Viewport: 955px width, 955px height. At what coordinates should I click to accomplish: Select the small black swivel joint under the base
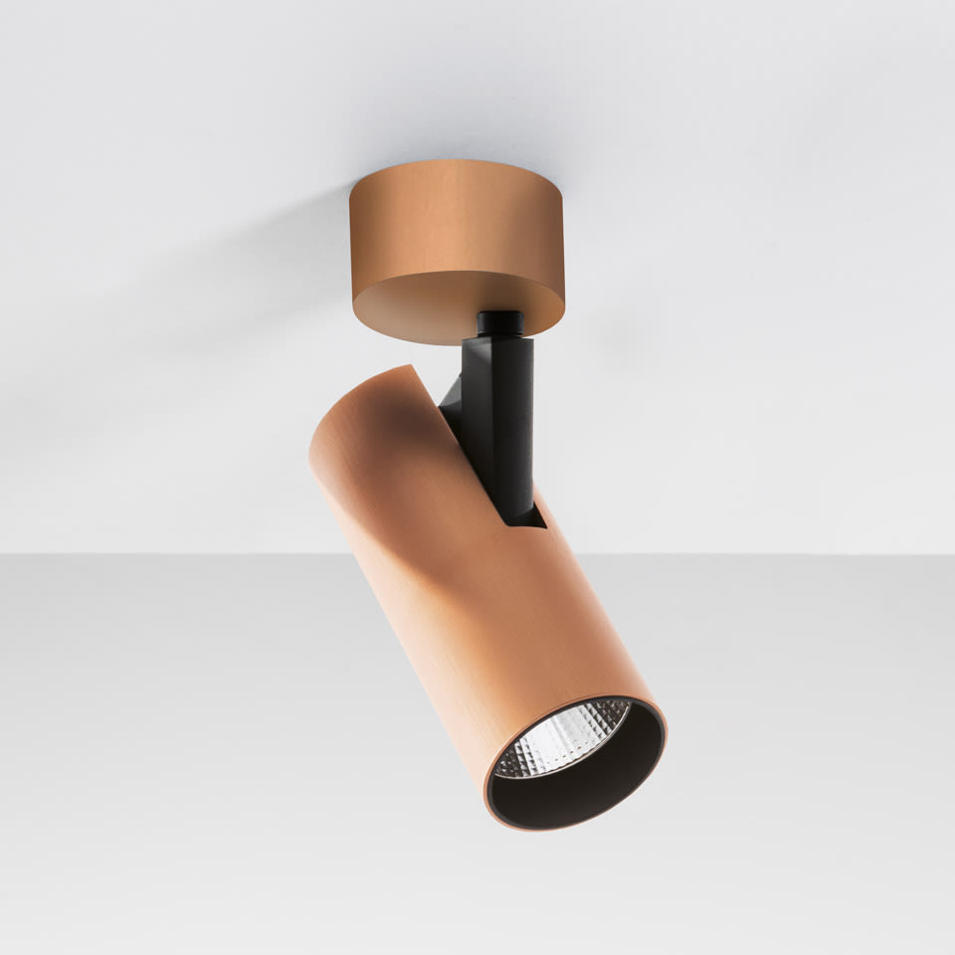500,323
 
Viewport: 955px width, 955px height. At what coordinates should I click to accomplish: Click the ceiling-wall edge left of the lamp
149,554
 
